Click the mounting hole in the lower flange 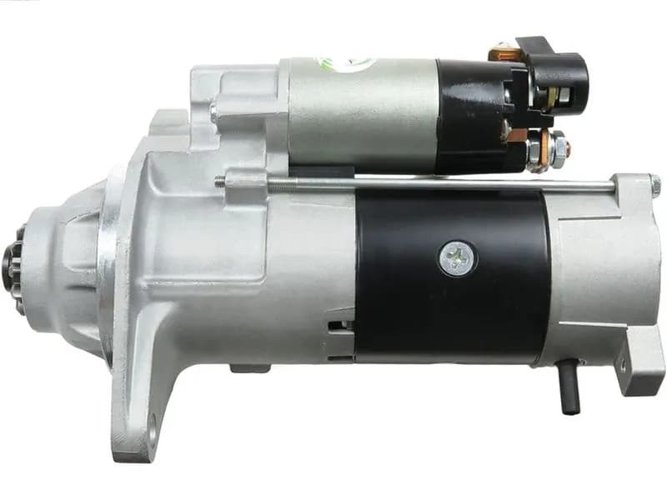(151, 433)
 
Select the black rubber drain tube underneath (570, 388)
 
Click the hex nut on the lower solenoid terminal (557, 148)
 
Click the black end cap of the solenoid (475, 117)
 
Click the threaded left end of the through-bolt (223, 182)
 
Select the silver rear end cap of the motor (592, 275)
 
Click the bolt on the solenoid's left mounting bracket (214, 109)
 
